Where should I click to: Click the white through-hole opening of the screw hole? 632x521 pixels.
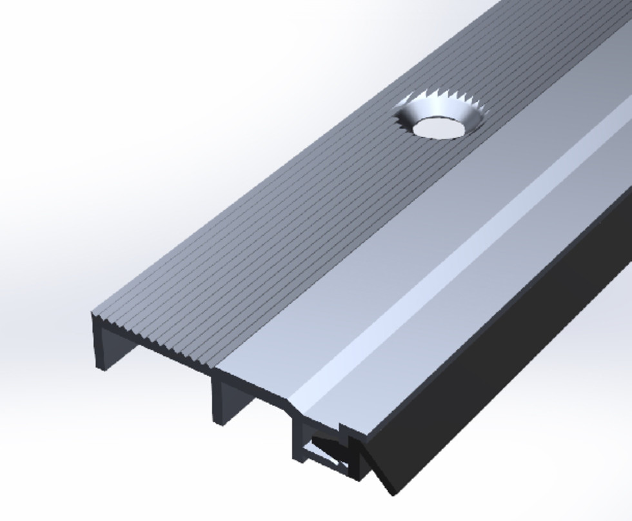click(x=439, y=128)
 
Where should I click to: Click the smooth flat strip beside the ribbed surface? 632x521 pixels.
click(x=361, y=271)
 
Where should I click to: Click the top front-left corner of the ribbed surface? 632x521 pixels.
click(x=94, y=314)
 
